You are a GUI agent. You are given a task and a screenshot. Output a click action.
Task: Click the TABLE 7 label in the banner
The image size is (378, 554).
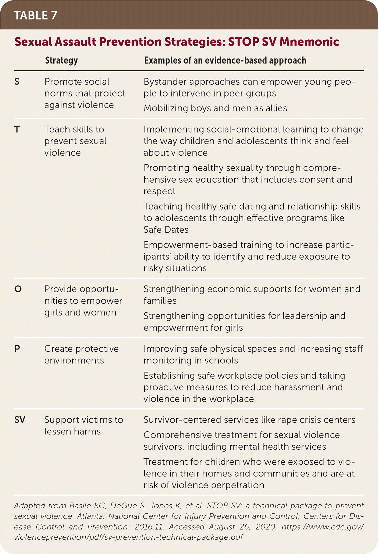tap(35, 15)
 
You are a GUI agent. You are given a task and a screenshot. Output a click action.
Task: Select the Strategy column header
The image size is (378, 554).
tap(61, 60)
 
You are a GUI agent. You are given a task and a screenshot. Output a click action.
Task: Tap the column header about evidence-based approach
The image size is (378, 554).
tap(225, 60)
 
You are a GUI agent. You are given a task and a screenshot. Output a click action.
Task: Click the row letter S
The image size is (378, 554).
tap(17, 82)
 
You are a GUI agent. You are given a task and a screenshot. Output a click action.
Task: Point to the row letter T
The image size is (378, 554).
tap(17, 129)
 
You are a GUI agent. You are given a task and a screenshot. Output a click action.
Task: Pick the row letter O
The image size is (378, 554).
tap(18, 289)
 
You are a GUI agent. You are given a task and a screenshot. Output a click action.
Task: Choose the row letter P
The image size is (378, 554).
tap(17, 349)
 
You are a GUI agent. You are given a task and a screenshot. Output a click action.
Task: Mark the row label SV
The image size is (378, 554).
tap(20, 420)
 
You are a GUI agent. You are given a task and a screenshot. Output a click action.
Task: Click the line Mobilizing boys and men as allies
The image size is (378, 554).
tap(215, 108)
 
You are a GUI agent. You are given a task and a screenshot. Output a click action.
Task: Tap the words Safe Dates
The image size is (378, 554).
tap(166, 230)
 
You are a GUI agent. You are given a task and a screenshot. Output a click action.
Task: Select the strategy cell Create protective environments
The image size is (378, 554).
tap(81, 354)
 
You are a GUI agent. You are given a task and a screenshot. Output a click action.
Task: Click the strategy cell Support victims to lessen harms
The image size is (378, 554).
tap(83, 425)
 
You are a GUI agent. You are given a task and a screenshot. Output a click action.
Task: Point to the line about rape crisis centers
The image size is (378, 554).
tap(249, 420)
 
